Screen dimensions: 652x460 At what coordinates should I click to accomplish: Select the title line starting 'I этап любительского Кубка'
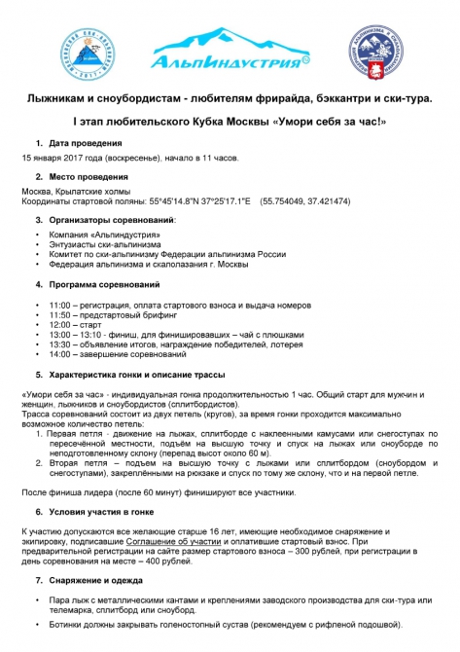click(x=230, y=122)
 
